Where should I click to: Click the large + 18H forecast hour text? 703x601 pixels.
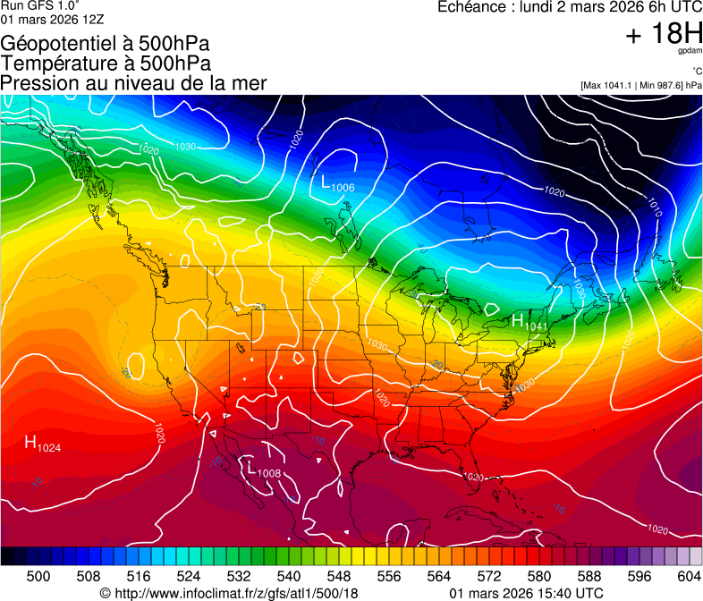click(664, 35)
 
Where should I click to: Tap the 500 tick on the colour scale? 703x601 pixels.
click(38, 576)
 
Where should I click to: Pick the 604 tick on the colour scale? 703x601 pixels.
click(690, 576)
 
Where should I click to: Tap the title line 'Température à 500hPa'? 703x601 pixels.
click(106, 63)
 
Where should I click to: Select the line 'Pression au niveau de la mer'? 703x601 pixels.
click(133, 83)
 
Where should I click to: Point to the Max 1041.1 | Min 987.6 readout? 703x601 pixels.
click(640, 85)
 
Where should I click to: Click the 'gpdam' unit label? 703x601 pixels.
click(690, 52)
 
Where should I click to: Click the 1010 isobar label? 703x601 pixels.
click(656, 207)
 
